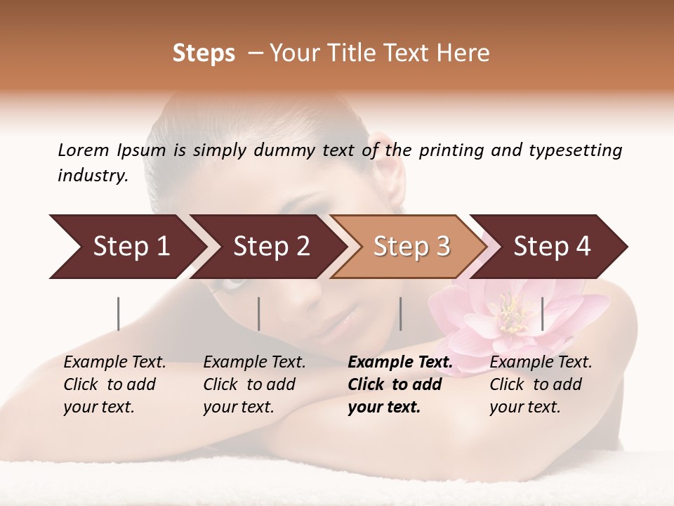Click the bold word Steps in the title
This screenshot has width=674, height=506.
204,53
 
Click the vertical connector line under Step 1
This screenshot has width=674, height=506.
119,313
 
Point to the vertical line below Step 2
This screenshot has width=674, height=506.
259,313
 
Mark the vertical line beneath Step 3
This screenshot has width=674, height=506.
400,313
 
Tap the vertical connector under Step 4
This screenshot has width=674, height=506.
542,313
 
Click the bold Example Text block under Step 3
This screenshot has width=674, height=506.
400,384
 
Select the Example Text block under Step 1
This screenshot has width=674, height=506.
114,384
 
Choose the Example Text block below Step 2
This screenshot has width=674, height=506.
254,384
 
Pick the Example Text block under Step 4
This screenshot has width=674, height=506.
541,384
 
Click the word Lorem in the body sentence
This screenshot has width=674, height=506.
84,150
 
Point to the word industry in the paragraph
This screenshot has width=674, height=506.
93,176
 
